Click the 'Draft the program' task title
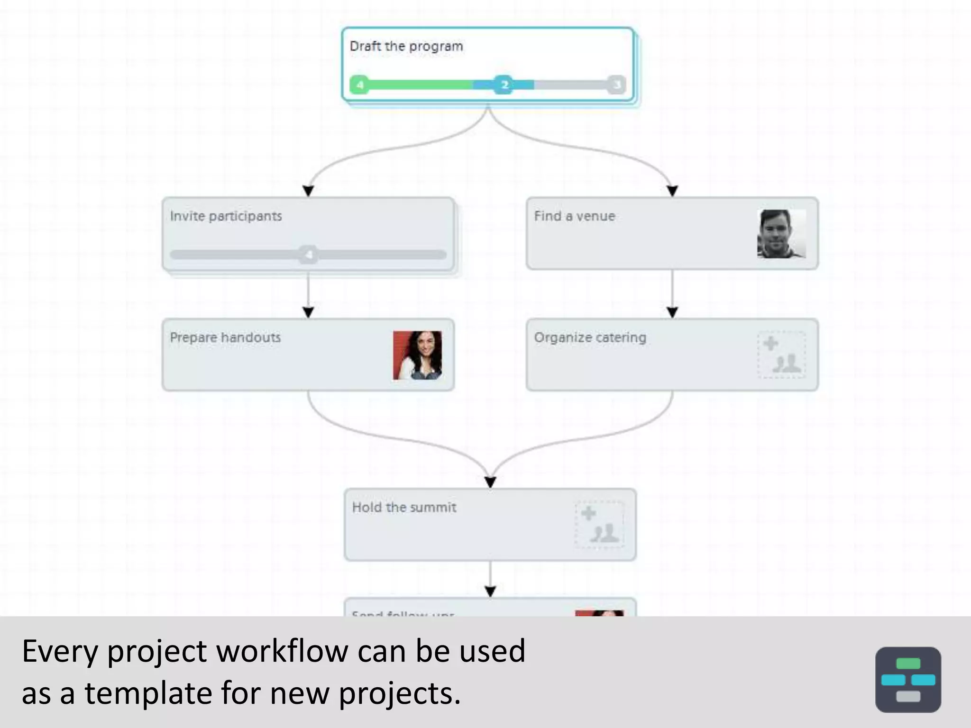(x=406, y=46)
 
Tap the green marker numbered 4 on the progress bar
(x=360, y=85)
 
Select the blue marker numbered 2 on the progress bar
(x=504, y=85)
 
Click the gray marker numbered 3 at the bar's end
(x=616, y=85)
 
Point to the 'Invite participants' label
(x=226, y=216)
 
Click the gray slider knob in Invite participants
(x=309, y=255)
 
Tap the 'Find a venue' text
(x=574, y=216)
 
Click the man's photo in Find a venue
(x=781, y=234)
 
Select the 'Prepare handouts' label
(x=225, y=337)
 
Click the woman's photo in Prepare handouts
(x=417, y=355)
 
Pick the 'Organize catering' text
(x=590, y=337)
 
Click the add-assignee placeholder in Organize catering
(x=781, y=355)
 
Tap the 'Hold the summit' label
(x=404, y=507)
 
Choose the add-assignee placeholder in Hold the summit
(x=599, y=525)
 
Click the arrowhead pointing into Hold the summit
(x=490, y=482)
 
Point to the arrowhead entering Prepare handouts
(x=308, y=313)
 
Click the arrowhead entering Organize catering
(x=672, y=313)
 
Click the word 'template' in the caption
(x=148, y=693)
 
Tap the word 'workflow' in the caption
(x=282, y=651)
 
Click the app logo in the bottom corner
(x=907, y=679)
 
